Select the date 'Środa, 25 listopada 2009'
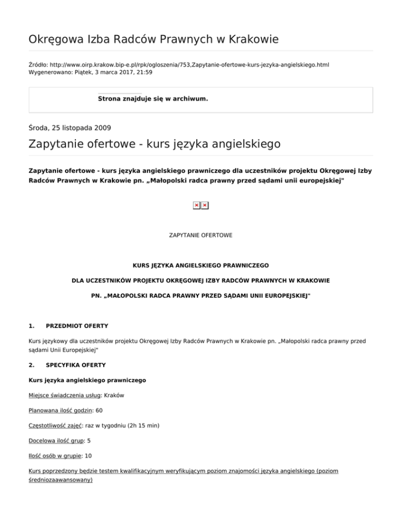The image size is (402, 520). [70, 127]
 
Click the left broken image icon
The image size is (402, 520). [196, 205]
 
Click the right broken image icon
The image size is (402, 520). [205, 205]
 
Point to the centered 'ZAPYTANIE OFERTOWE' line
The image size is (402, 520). [200, 235]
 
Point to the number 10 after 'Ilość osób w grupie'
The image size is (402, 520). [88, 456]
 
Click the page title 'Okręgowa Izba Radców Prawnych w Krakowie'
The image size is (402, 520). [153, 39]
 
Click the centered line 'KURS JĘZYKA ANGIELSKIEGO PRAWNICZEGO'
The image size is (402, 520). [200, 266]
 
